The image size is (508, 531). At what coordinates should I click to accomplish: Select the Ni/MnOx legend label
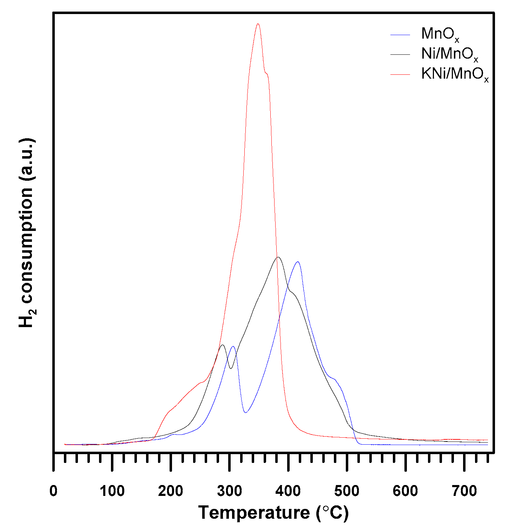[449, 54]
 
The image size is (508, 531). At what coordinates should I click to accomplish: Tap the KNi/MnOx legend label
[455, 74]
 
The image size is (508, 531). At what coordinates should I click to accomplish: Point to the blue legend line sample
[400, 34]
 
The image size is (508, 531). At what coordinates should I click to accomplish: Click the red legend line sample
[400, 74]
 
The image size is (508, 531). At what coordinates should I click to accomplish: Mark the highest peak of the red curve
[258, 24]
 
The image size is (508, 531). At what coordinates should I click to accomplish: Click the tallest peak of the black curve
[278, 257]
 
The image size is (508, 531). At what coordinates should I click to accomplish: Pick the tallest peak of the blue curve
[298, 262]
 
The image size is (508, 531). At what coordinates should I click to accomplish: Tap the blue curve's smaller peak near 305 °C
[233, 346]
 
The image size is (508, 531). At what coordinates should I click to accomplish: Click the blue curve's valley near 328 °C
[246, 412]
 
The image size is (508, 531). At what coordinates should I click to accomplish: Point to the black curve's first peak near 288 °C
[222, 345]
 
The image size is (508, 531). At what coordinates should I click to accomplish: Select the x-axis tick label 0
[53, 491]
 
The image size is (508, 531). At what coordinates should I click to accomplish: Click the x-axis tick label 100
[112, 491]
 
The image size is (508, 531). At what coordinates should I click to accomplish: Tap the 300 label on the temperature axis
[229, 491]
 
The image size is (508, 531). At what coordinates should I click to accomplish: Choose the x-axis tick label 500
[347, 491]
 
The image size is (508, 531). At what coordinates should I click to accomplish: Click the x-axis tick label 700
[464, 491]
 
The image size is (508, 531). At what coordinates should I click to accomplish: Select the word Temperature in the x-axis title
[254, 512]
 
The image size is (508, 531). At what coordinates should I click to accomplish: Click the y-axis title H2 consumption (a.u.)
[27, 233]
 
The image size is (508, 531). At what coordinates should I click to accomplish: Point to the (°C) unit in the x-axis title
[332, 512]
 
